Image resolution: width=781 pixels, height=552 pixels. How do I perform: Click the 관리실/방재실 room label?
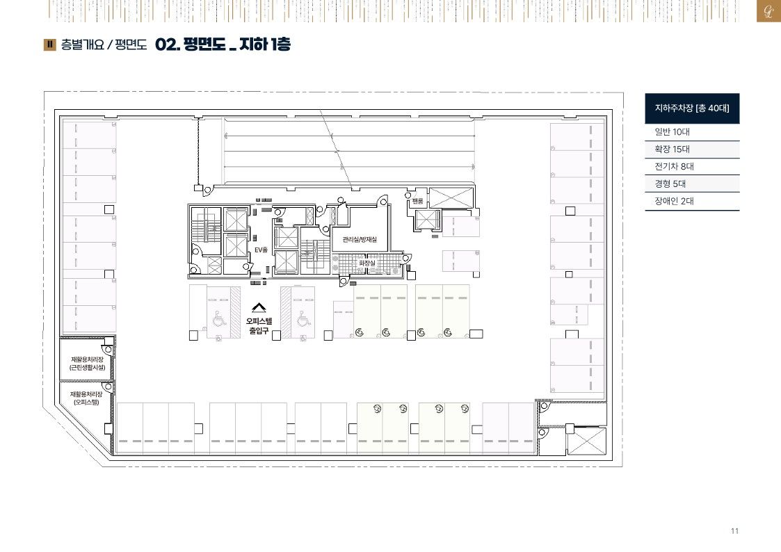(360, 240)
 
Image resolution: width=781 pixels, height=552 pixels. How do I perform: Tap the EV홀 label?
(261, 250)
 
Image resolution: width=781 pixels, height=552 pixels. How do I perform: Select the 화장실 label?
(367, 263)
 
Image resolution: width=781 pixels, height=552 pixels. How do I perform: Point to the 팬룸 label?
(417, 201)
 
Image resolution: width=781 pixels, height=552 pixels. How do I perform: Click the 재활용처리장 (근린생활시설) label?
(88, 364)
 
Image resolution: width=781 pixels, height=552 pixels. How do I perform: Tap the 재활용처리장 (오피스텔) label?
(87, 398)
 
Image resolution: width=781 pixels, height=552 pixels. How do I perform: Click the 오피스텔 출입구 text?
(259, 326)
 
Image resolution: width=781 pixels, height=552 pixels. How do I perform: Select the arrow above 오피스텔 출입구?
(259, 308)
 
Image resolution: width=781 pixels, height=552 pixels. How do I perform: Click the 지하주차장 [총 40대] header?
(692, 108)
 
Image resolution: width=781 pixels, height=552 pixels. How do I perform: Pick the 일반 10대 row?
(692, 132)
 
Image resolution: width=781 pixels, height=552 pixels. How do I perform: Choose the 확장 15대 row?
(692, 149)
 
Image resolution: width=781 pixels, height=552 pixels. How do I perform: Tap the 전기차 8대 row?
(692, 167)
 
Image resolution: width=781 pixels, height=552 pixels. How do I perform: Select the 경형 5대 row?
(692, 184)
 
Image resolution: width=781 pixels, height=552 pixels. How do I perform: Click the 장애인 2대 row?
(692, 201)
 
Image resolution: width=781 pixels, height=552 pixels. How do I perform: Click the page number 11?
(734, 531)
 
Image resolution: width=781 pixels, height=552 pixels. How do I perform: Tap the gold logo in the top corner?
(768, 11)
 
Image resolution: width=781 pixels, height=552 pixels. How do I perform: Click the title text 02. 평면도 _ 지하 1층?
(223, 44)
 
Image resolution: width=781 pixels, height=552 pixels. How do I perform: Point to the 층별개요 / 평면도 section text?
(104, 44)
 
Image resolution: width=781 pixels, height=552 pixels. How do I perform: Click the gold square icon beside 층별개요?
(50, 44)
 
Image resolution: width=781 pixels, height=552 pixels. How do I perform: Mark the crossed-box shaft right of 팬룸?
(450, 198)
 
